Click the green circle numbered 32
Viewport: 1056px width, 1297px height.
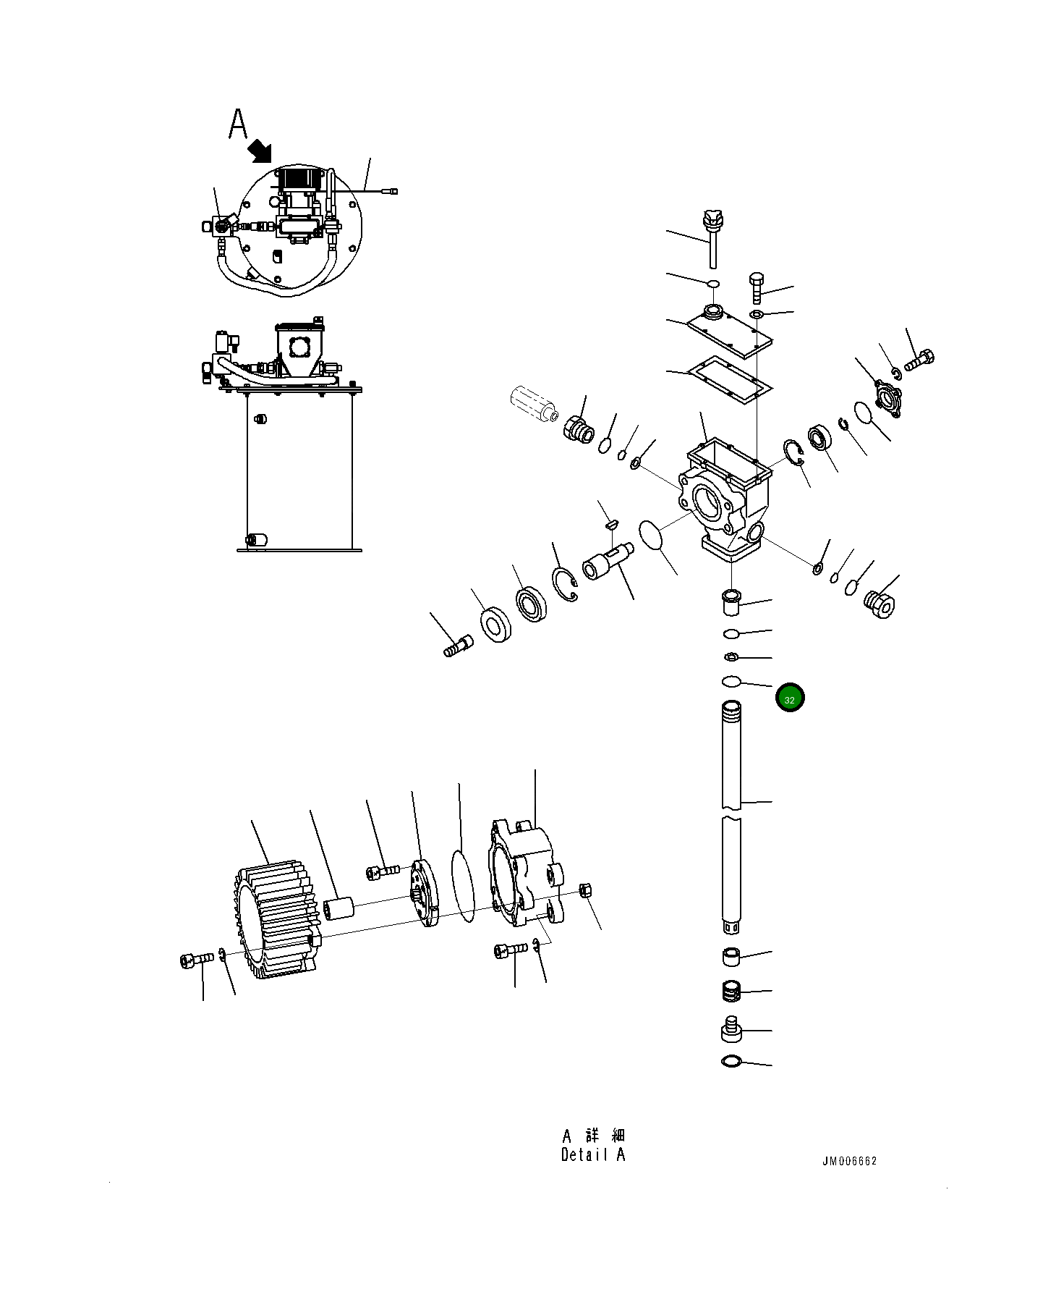[x=789, y=698]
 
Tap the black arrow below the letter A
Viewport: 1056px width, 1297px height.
[x=259, y=151]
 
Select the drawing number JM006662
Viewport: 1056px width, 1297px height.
[x=848, y=1161]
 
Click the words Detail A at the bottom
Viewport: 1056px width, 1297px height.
[x=592, y=1154]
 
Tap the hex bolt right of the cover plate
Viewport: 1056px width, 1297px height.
[x=756, y=288]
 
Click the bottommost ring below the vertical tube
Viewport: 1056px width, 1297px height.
[x=731, y=1062]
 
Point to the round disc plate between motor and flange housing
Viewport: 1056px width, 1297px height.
[x=425, y=893]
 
